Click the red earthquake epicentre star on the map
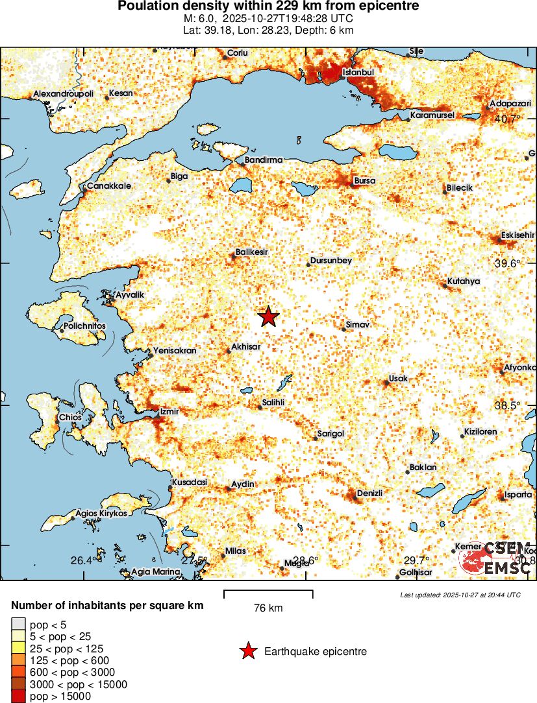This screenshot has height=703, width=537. coord(268,317)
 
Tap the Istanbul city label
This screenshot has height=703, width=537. coord(358,72)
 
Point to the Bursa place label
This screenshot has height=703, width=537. coord(364,180)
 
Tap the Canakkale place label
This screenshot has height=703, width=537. coord(109,186)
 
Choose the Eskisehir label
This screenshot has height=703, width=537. coord(518,235)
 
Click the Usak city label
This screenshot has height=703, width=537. coord(397,377)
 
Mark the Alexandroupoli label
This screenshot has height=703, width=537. coord(64,94)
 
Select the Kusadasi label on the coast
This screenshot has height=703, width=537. coord(189,483)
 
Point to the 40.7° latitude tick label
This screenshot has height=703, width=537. coord(507,119)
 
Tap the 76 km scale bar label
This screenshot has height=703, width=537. coord(268,608)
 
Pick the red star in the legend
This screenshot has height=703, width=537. coord(248,652)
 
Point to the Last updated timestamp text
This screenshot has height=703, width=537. coord(460,595)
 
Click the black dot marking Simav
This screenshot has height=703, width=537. coord(344,329)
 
